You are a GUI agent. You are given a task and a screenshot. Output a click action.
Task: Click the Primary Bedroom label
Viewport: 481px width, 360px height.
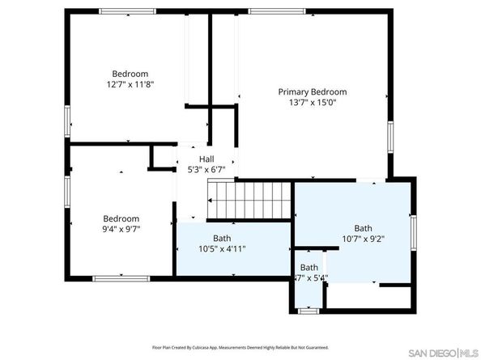tap(312, 92)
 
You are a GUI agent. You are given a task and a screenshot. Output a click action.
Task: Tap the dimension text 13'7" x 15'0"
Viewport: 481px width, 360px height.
tap(312, 103)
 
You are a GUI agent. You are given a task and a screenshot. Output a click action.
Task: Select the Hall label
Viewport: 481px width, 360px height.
tap(206, 159)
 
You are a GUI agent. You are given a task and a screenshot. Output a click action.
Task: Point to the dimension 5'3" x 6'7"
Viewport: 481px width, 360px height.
tap(206, 170)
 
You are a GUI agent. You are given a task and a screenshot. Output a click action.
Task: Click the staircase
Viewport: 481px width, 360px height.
tap(249, 200)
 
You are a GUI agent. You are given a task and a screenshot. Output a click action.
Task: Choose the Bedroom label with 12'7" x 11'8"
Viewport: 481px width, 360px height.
tap(130, 73)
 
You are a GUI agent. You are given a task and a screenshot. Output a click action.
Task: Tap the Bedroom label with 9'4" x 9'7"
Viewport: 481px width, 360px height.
tap(121, 218)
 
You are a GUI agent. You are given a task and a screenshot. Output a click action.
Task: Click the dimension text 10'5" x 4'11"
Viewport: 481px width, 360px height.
tap(222, 248)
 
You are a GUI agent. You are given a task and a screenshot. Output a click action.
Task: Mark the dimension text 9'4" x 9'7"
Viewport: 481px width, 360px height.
tap(121, 229)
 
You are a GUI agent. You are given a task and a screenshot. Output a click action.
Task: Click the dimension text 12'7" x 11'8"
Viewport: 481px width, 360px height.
tap(130, 83)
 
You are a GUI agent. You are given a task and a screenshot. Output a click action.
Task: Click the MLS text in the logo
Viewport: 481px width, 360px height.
tap(469, 354)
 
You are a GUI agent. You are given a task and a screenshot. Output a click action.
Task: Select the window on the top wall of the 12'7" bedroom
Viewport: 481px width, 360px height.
tap(127, 11)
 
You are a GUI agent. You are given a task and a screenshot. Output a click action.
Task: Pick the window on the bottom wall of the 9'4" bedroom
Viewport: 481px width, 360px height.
tap(121, 279)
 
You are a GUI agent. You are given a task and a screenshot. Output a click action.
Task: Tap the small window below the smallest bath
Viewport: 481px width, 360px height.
tap(308, 310)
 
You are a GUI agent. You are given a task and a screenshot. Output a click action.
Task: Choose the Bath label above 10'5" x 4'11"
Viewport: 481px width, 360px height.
tap(222, 238)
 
